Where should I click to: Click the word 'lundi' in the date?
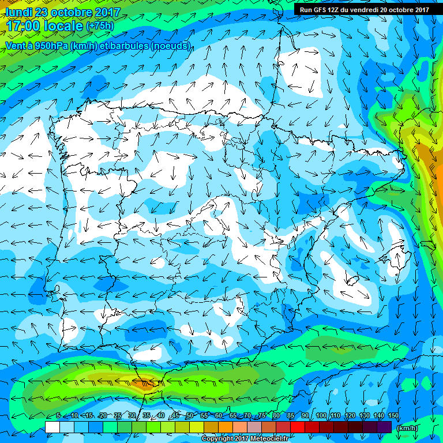18,12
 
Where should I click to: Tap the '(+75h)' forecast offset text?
100,26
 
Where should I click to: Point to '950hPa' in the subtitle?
47,45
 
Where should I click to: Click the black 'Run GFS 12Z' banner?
364,9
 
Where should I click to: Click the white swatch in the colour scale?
52,427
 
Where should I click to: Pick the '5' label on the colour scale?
59,416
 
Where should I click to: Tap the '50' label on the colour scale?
189,416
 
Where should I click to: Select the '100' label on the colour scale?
321,416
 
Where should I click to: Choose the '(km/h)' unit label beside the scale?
407,427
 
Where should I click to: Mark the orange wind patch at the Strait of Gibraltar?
143,382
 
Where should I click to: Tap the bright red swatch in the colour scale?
297,427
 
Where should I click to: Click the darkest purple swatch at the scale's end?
384,427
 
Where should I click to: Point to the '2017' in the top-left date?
106,12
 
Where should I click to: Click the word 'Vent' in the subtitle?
16,45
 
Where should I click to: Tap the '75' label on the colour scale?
262,416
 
